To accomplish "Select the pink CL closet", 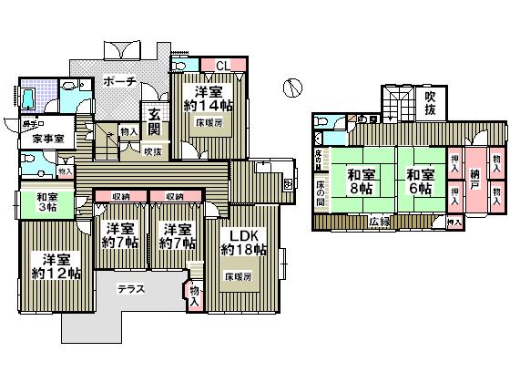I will [x=222, y=66].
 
